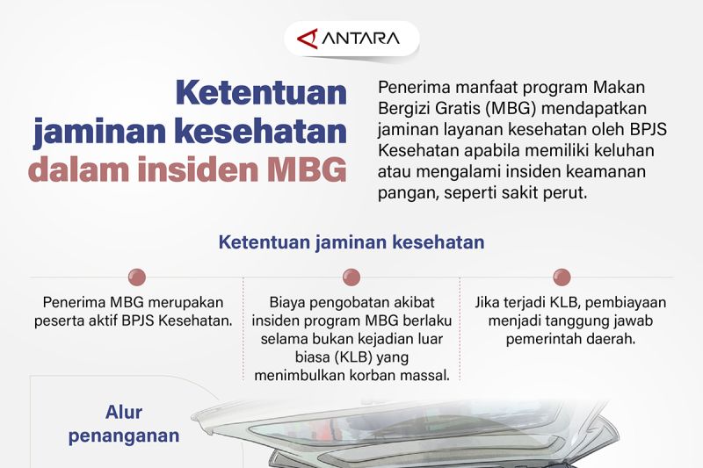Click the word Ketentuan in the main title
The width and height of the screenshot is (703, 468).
(261, 92)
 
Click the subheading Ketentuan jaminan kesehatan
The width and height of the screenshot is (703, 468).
(351, 241)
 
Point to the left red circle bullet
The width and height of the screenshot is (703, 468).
(136, 277)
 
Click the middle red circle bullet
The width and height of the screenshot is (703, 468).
(351, 277)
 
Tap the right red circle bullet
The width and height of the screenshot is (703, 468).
(562, 277)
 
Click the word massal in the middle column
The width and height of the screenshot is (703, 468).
(425, 376)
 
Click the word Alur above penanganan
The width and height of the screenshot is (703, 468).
(124, 413)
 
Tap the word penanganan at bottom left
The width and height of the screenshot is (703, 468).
(124, 436)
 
